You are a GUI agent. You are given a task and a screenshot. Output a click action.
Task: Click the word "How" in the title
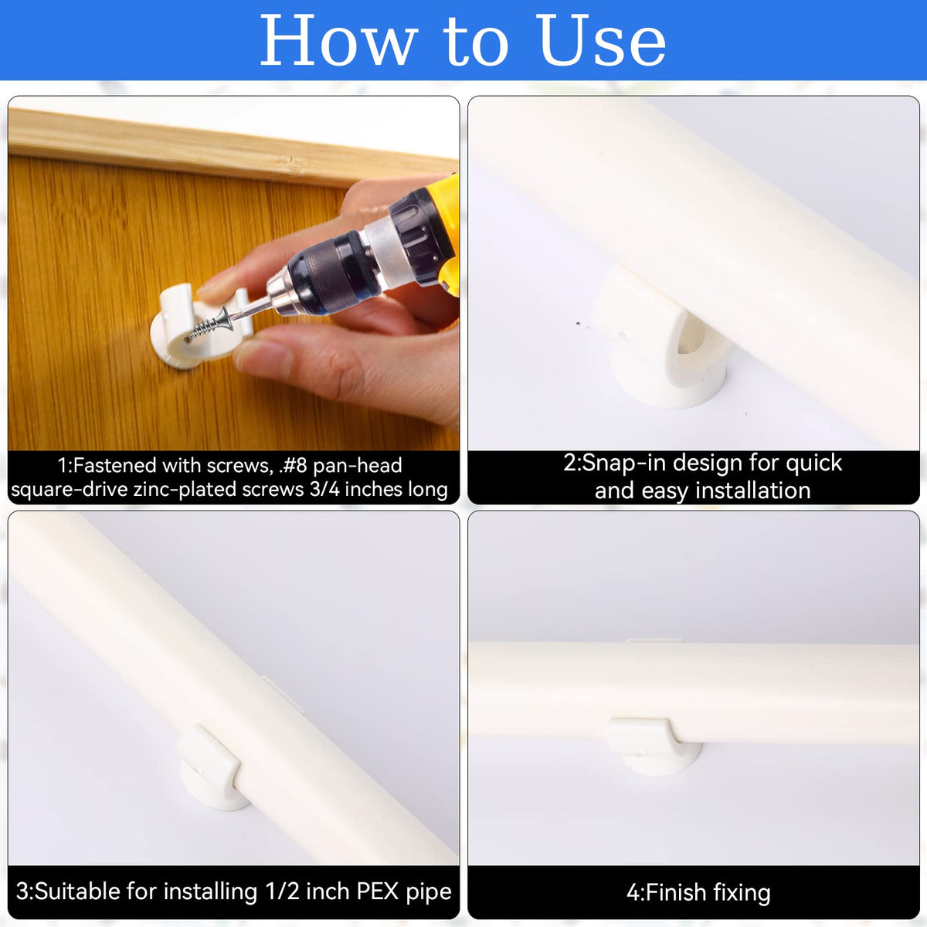[x=338, y=40]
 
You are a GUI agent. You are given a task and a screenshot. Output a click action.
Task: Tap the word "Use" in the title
[x=602, y=40]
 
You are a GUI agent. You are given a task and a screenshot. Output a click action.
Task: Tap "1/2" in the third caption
[x=283, y=891]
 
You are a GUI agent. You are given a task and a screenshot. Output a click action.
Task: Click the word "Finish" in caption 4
[x=675, y=893]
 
